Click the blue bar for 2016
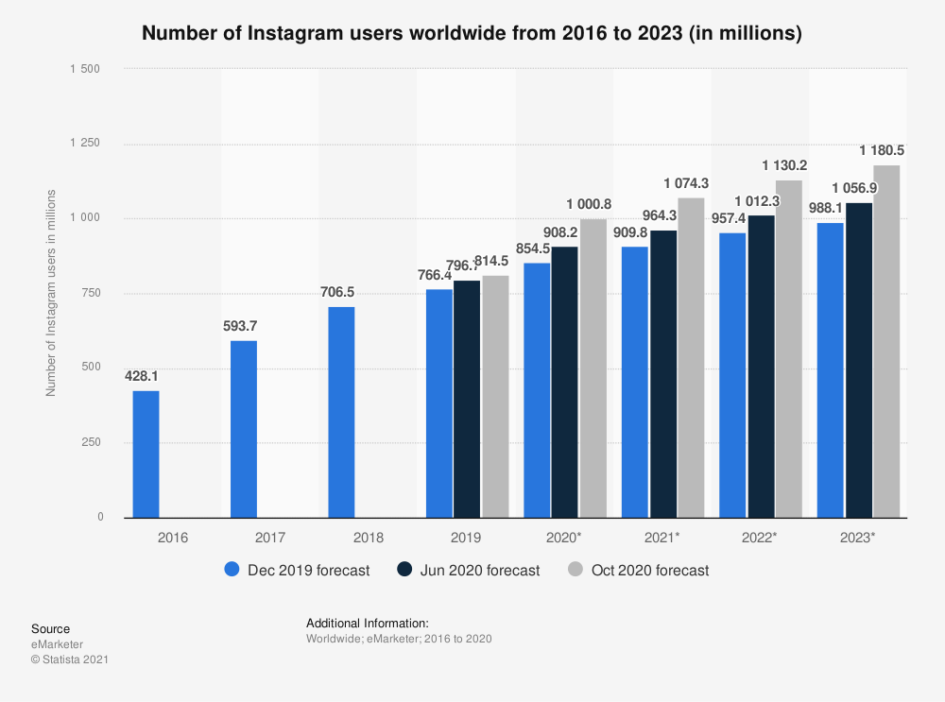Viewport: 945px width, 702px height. [x=146, y=454]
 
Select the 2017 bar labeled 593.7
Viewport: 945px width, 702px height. [x=244, y=429]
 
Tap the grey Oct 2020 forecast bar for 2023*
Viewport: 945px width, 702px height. [x=886, y=341]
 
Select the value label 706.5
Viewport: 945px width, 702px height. [x=341, y=292]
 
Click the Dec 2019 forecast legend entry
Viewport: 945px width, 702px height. [x=297, y=570]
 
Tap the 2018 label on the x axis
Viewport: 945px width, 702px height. [x=369, y=538]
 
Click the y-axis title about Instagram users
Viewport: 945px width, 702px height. [x=51, y=293]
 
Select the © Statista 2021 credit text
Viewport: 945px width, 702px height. [x=70, y=659]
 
